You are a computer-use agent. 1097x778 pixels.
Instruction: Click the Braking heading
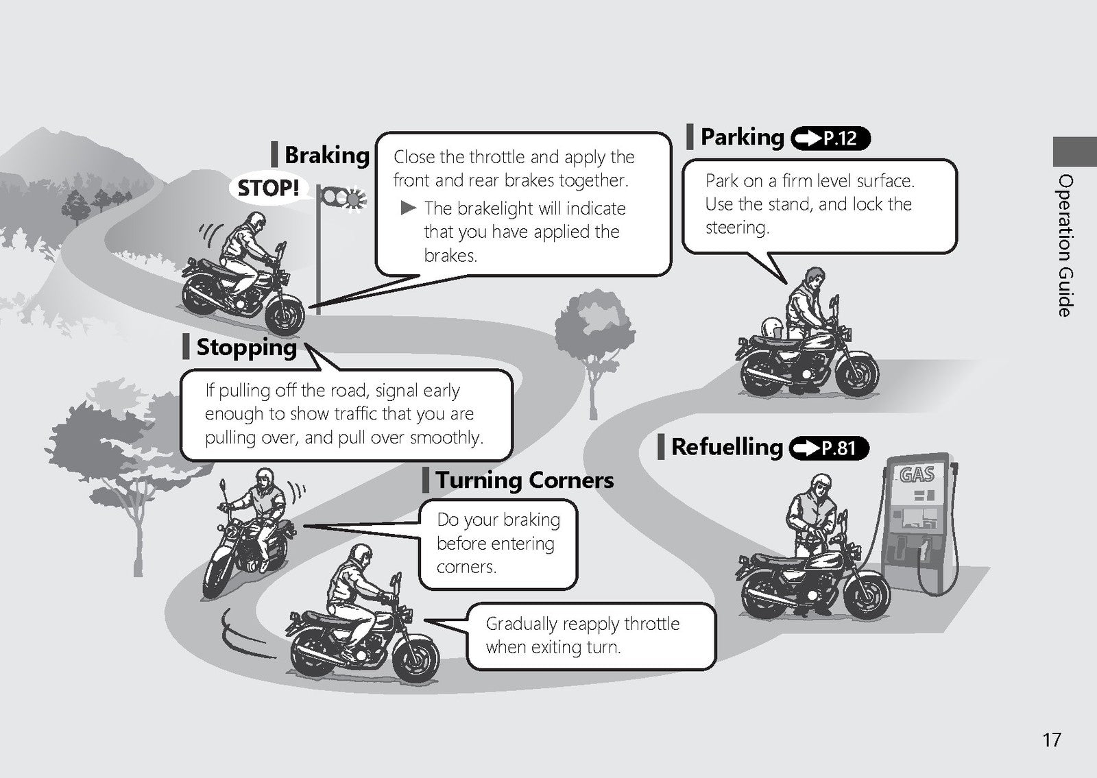[326, 156]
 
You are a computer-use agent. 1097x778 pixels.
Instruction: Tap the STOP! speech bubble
[269, 188]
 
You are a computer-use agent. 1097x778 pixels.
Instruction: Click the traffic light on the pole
[343, 198]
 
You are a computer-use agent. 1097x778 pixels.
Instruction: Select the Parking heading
[743, 137]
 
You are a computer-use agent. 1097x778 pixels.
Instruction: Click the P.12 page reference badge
[830, 138]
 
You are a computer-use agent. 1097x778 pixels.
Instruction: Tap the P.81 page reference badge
[829, 448]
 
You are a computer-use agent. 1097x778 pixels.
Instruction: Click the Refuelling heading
[727, 447]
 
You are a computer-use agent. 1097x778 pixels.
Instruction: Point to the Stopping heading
[246, 348]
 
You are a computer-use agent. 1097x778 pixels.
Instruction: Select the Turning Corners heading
[525, 481]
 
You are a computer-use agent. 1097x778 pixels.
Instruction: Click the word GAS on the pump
[917, 474]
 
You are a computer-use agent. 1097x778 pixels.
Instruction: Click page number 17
[1052, 740]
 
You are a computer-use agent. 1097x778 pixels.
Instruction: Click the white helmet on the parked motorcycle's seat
[772, 328]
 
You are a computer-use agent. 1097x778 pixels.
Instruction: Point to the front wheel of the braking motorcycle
[285, 315]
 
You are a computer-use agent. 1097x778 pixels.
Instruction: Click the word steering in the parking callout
[736, 228]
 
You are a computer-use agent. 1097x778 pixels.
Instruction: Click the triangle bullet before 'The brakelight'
[408, 208]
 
